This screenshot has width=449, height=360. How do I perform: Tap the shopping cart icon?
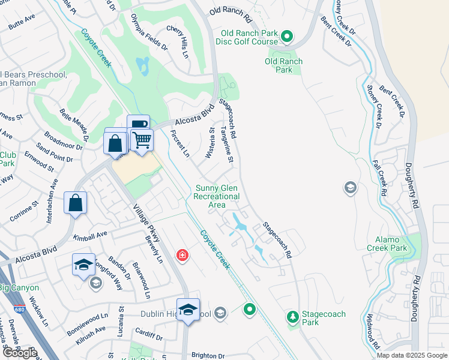(x=142, y=140)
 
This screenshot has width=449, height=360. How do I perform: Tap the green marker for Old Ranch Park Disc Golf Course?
(x=287, y=37)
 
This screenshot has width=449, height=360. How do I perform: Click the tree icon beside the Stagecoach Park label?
(x=292, y=316)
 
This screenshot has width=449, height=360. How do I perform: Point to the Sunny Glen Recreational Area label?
(x=217, y=196)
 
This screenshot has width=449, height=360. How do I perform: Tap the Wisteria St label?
(x=211, y=143)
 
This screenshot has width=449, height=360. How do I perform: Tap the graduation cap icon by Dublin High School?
(x=188, y=310)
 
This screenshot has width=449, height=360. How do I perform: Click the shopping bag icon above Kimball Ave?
(x=76, y=203)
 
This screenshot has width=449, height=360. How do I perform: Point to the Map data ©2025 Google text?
(x=412, y=355)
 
